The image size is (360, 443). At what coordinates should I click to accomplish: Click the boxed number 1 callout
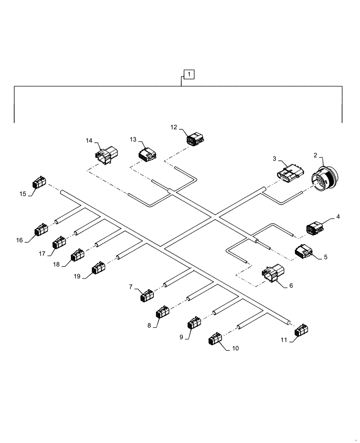click(189, 74)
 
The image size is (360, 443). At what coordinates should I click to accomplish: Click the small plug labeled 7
click(147, 295)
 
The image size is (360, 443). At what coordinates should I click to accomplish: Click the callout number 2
click(315, 155)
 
